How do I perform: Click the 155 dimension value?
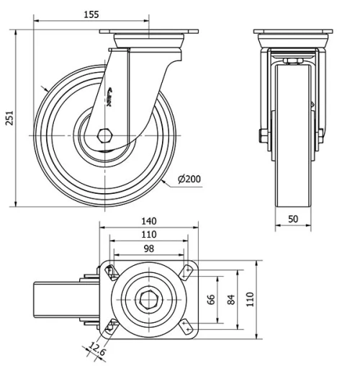[x=110, y=14]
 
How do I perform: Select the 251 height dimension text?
[x=9, y=117]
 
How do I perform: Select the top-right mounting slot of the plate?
[x=186, y=270]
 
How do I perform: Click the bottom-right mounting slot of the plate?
[x=186, y=326]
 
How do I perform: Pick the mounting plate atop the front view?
[x=293, y=33]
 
